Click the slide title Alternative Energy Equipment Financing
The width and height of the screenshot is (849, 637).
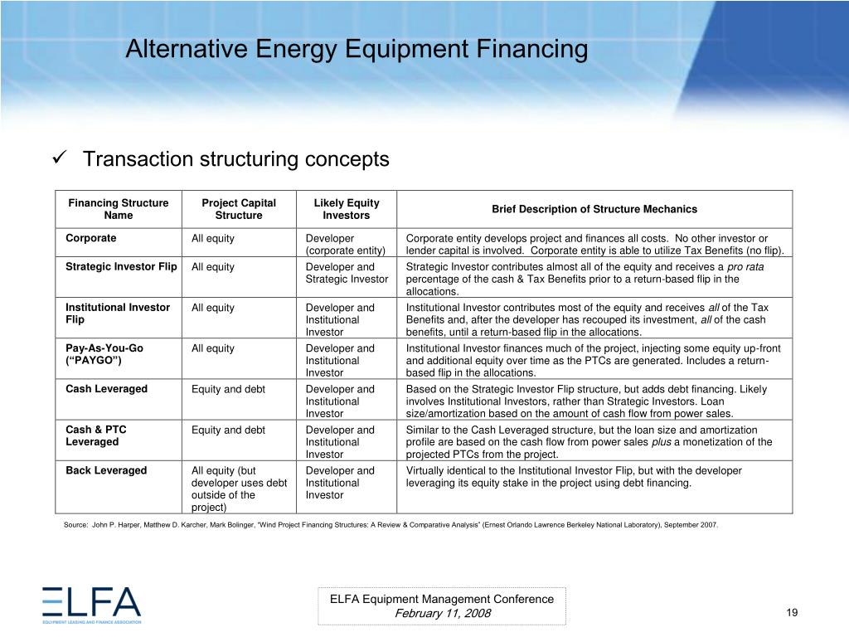[357, 50]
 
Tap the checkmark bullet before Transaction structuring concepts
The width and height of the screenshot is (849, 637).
[59, 158]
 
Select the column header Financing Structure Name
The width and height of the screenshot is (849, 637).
[118, 209]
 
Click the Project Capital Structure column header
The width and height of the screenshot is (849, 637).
[239, 209]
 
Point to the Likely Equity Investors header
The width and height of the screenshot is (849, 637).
[347, 209]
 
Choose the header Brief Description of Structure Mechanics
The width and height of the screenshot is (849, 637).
[594, 209]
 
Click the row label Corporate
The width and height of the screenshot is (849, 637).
[91, 239]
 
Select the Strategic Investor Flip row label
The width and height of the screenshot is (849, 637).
[121, 267]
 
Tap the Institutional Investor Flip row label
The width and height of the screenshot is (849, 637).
[118, 314]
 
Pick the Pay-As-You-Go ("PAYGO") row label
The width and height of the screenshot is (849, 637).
[104, 354]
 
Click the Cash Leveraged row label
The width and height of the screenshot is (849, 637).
[106, 389]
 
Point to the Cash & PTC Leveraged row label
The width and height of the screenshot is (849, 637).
[96, 435]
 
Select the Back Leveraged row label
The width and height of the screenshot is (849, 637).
[106, 470]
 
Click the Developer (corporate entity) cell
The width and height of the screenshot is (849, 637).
[346, 245]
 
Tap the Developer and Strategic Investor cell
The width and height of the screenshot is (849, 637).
[347, 273]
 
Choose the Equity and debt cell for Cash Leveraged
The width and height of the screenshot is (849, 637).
[228, 389]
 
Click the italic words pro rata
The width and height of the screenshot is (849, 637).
[745, 267]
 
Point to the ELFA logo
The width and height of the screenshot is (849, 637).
[92, 605]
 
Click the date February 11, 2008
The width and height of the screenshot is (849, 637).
[442, 613]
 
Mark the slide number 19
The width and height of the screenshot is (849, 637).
[791, 612]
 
